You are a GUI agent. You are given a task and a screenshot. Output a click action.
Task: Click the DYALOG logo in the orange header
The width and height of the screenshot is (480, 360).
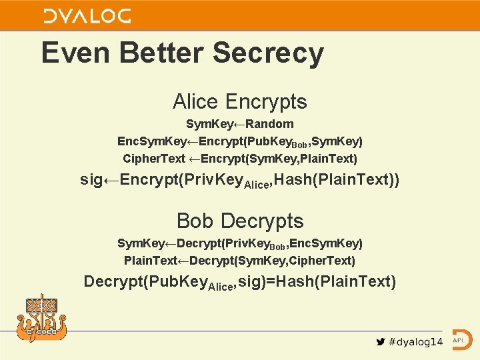click(87, 16)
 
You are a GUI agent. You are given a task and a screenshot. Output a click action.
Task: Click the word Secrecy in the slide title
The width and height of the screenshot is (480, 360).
click(269, 53)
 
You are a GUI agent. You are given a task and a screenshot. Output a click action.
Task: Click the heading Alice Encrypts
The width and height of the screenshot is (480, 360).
click(240, 102)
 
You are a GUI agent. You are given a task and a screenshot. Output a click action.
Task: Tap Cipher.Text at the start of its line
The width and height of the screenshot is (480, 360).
click(154, 159)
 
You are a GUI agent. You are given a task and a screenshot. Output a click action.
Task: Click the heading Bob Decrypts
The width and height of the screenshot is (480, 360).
click(240, 221)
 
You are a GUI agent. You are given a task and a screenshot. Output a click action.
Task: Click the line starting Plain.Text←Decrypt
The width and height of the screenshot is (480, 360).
click(240, 260)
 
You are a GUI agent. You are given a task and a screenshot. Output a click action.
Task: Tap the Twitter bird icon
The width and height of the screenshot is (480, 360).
click(381, 342)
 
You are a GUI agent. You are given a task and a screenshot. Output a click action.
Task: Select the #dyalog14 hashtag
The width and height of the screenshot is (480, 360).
click(416, 342)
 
